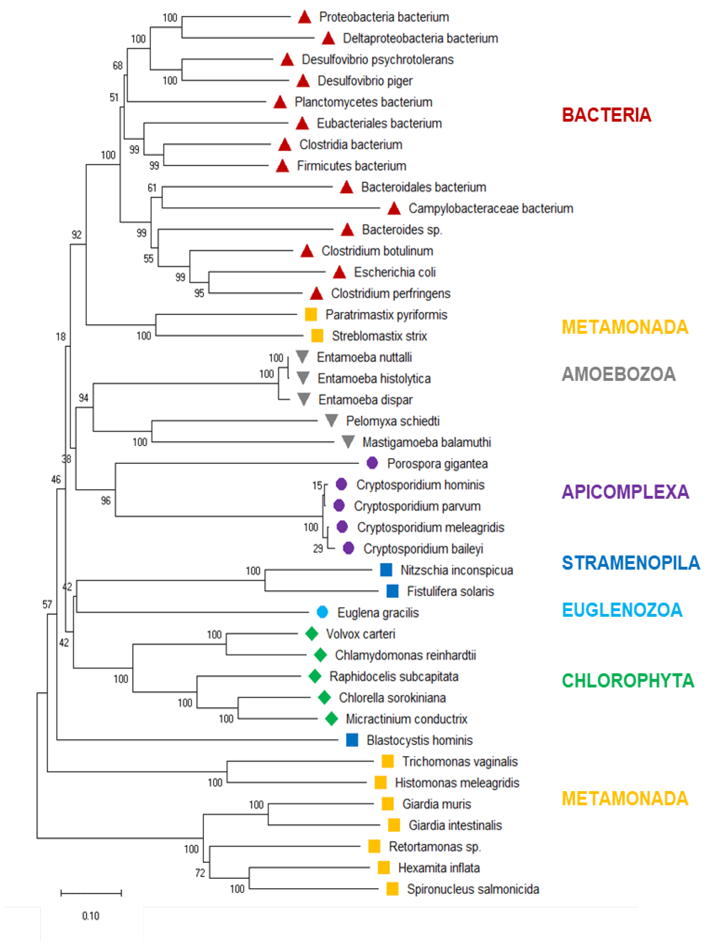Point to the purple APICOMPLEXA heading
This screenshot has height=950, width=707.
(x=625, y=492)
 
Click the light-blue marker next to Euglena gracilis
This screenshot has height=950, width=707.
(x=322, y=612)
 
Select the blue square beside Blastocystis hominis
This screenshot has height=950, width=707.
(x=352, y=740)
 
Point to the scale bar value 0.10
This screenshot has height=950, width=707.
(x=91, y=916)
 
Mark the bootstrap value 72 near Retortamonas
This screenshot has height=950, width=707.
(x=200, y=872)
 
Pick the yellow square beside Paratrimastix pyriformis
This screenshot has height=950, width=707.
(x=311, y=314)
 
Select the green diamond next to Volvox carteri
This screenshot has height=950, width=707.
(x=312, y=633)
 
